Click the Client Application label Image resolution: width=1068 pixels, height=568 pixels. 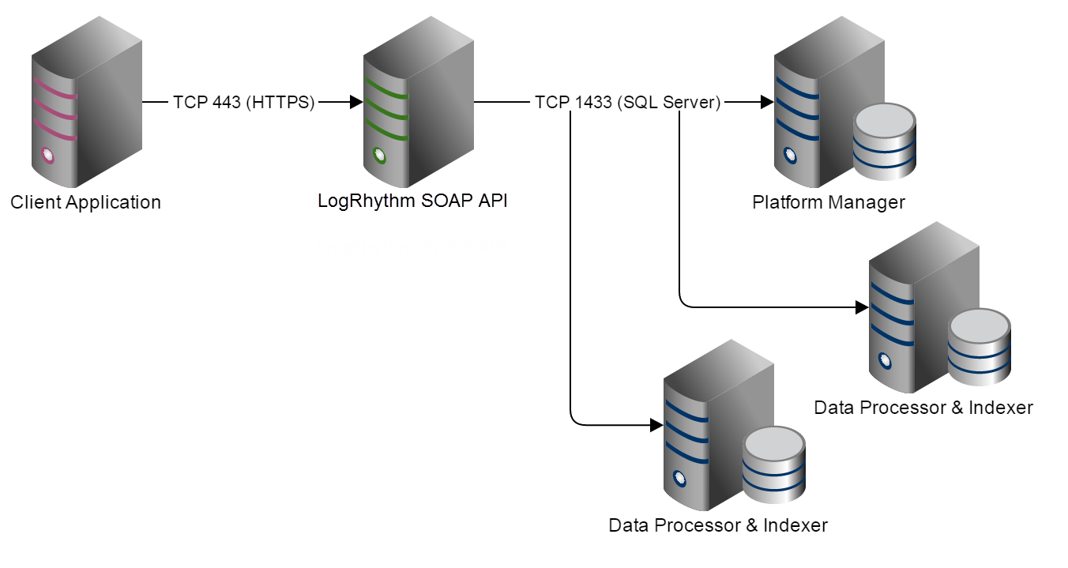coord(85,202)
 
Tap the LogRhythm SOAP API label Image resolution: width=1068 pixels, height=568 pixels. coord(412,201)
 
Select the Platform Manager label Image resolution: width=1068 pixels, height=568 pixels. coord(828,202)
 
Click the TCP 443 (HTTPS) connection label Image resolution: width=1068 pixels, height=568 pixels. coord(244,102)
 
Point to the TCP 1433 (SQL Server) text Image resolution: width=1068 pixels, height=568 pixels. coord(627,102)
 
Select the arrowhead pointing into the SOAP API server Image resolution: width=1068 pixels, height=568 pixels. coord(356,102)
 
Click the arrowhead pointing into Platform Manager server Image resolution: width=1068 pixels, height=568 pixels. coord(767,102)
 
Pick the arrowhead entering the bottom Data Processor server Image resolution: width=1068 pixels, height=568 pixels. coord(656,425)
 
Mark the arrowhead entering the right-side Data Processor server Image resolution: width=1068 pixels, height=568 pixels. coord(862,307)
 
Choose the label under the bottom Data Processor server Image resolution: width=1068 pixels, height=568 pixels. coord(718,525)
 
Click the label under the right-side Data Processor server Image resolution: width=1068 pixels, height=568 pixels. coord(923,408)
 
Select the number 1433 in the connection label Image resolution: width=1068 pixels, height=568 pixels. coord(597,102)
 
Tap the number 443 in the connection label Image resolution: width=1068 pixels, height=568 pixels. coord(226,102)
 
